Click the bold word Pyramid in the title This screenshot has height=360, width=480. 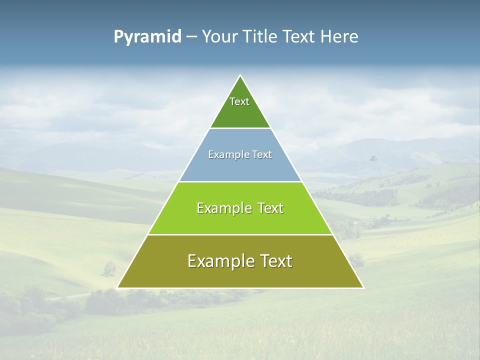click(147, 37)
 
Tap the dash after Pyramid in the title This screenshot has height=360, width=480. click(191, 37)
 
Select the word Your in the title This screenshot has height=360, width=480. click(220, 37)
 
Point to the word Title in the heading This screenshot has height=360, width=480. click(261, 37)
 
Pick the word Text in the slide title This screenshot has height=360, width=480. click(300, 37)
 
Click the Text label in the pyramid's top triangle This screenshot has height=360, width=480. click(239, 101)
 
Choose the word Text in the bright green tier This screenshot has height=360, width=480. click(270, 208)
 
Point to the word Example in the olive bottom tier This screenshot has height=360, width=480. click(219, 261)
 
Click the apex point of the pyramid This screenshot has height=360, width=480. click(240, 75)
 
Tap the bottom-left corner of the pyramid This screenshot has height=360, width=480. click(118, 287)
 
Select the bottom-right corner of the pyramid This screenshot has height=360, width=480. click(363, 287)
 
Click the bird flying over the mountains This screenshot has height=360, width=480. click(372, 158)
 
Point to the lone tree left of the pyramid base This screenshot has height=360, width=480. click(109, 268)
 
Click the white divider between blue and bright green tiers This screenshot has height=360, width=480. click(240, 181)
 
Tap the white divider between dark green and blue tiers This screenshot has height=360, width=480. click(240, 128)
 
